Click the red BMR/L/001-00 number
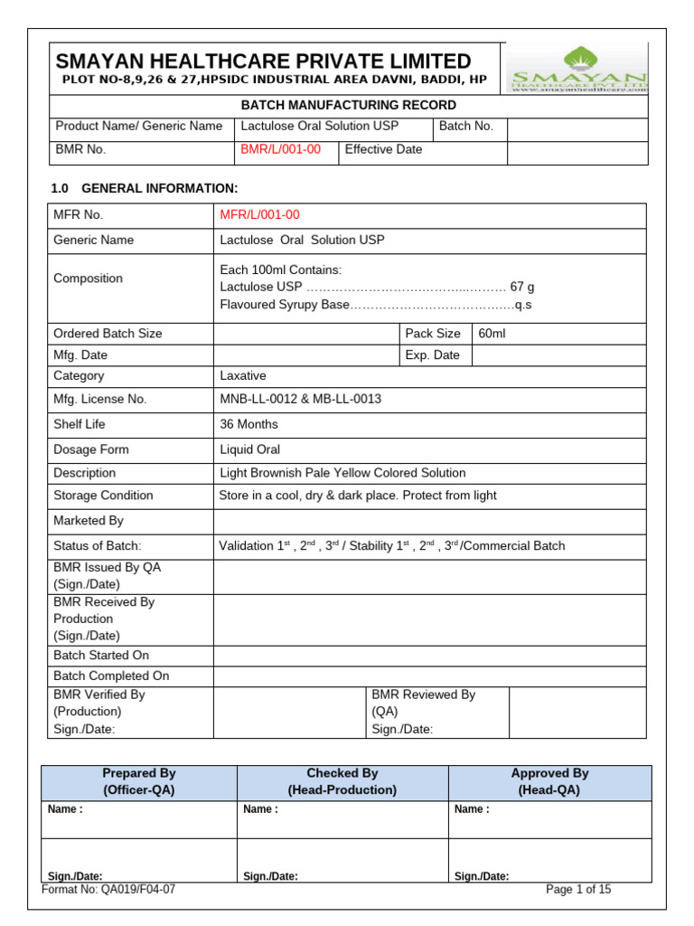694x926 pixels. coord(280,149)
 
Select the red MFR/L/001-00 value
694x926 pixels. coord(260,214)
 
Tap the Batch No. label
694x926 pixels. coord(466,126)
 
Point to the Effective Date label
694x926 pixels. coord(383,149)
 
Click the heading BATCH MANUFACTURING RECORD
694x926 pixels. coord(348,105)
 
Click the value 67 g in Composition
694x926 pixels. coord(522,287)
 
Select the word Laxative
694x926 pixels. coord(243,375)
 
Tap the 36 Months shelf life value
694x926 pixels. coord(249,424)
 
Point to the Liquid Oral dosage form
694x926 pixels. coord(250,449)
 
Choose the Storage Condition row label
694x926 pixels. coord(103,496)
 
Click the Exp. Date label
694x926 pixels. coord(432,355)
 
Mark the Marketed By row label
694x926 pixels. coord(89,521)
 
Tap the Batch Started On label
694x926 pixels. coord(101,655)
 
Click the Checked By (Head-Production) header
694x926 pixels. coord(342,781)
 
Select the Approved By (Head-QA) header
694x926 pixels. coord(549,781)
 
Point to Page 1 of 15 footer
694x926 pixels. coord(578,889)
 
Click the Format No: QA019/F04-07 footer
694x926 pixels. coord(108,889)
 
